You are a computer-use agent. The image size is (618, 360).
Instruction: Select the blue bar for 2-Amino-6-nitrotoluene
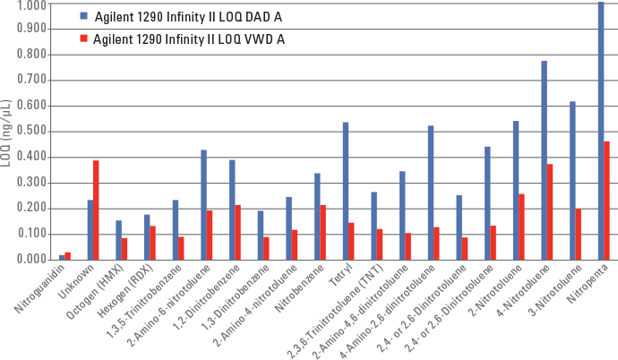coord(203,205)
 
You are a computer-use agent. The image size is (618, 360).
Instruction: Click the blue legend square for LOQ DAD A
coord(82,17)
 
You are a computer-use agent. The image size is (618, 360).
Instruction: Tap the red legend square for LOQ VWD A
coord(82,39)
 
